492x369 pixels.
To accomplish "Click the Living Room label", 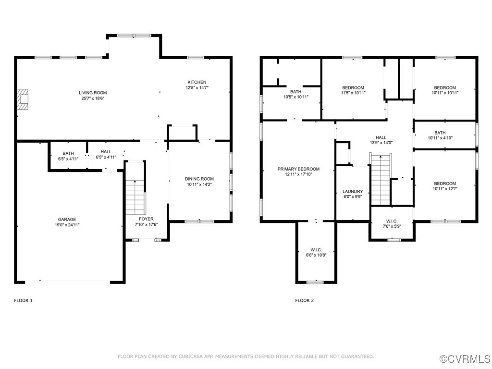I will click(93, 93).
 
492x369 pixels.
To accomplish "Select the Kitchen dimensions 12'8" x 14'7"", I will click(197, 88).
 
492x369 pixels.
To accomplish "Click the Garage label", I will click(67, 220).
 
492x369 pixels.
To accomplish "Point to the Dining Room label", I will click(199, 179).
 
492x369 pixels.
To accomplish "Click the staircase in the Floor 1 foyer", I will click(135, 197).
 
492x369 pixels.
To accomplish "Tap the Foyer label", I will click(146, 219).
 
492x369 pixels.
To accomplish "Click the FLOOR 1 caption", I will click(23, 301).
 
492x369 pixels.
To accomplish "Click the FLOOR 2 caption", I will click(304, 301).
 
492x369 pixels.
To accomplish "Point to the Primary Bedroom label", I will click(298, 169).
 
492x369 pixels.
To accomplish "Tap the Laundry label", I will click(353, 191).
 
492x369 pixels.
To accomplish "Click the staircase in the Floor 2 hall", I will click(381, 178).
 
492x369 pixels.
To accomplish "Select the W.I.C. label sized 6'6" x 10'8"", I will click(316, 250).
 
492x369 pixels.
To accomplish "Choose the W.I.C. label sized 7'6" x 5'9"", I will click(391, 221).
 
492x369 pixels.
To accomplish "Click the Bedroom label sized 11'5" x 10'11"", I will click(353, 87).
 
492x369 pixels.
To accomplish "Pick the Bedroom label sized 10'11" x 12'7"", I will click(445, 184).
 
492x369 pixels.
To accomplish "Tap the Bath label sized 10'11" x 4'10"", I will click(440, 133).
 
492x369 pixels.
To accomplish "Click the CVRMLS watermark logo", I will click(466, 359).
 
